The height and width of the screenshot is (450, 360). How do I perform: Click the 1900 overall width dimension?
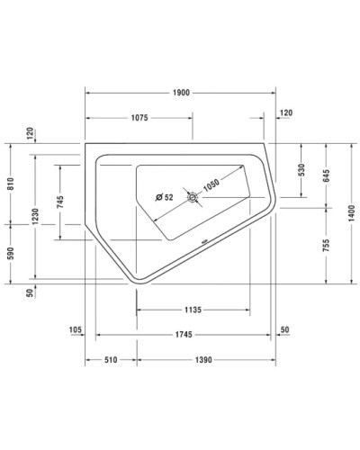pyautogui.click(x=180, y=93)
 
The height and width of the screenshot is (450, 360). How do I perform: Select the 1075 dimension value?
pyautogui.click(x=138, y=118)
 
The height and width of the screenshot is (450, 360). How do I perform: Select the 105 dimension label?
pyautogui.click(x=76, y=330)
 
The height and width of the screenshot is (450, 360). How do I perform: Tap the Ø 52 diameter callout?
pyautogui.click(x=165, y=197)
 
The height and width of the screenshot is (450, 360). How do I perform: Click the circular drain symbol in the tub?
pyautogui.click(x=193, y=197)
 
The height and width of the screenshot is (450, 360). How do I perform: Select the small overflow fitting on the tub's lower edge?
pyautogui.click(x=204, y=240)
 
